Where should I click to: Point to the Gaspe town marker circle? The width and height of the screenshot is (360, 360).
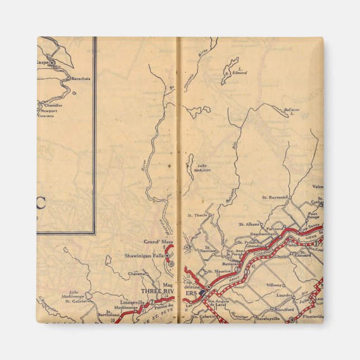click(51, 63)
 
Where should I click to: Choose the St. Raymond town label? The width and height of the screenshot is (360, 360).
click(274, 197)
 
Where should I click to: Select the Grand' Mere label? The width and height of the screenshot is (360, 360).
click(158, 241)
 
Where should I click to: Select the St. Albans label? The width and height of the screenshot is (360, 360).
click(249, 224)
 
